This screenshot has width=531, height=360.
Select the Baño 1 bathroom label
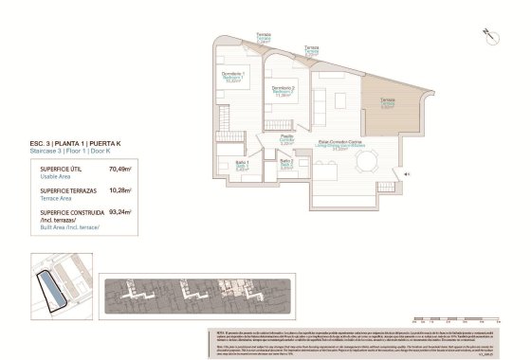click(243, 165)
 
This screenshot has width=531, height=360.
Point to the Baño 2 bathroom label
click(285, 163)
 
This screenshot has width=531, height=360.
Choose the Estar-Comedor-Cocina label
click(342, 143)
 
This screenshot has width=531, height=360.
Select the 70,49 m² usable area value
click(120, 169)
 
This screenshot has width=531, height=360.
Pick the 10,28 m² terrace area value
click(120, 189)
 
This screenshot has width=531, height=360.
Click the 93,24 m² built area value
click(120, 212)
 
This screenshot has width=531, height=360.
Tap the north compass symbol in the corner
click(491, 34)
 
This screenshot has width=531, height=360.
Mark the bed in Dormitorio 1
click(235, 104)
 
